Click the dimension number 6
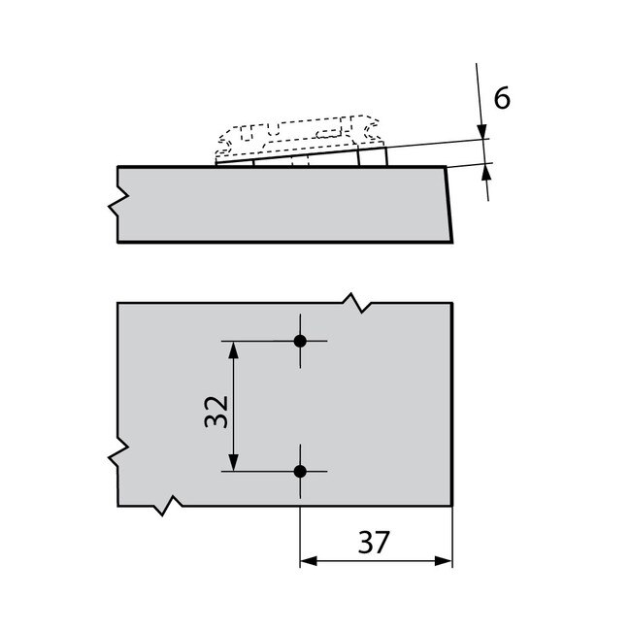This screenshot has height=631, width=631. (x=502, y=97)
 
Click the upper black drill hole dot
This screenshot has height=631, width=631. (x=300, y=341)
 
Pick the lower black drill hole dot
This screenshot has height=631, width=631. (x=300, y=471)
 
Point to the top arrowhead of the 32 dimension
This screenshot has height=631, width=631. (x=233, y=349)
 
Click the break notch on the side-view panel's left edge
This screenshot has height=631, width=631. (x=118, y=204)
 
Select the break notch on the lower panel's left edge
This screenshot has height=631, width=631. (x=119, y=452)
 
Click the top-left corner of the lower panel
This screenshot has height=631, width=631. (x=117, y=303)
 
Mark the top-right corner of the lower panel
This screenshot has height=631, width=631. (x=452, y=303)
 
